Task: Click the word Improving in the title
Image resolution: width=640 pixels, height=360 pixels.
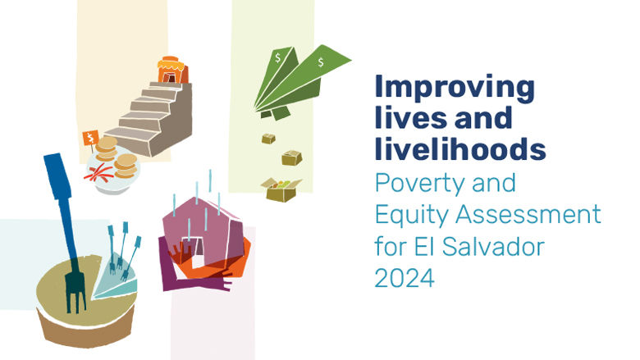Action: [x=454, y=87]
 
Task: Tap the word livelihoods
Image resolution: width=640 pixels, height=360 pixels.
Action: [x=459, y=149]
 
